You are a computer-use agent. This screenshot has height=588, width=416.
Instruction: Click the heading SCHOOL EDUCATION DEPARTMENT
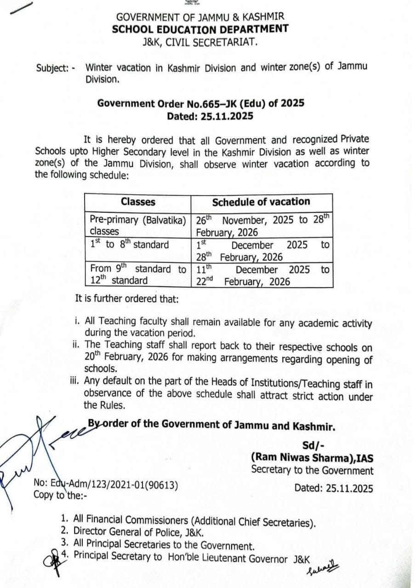click(x=200, y=29)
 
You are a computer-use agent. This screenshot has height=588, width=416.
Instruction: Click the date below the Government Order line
click(x=210, y=116)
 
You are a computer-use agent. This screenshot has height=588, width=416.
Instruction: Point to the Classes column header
click(x=138, y=202)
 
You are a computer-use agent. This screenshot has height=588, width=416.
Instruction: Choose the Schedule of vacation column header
click(x=261, y=202)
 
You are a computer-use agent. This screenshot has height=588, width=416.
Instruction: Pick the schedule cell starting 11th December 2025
click(x=262, y=275)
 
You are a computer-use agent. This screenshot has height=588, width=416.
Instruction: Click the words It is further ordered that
click(x=127, y=299)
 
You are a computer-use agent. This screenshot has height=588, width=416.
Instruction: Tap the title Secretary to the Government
click(x=312, y=470)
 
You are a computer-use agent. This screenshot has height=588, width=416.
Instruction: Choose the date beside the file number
click(x=334, y=487)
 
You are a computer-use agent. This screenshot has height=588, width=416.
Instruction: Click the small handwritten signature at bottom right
click(x=317, y=569)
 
